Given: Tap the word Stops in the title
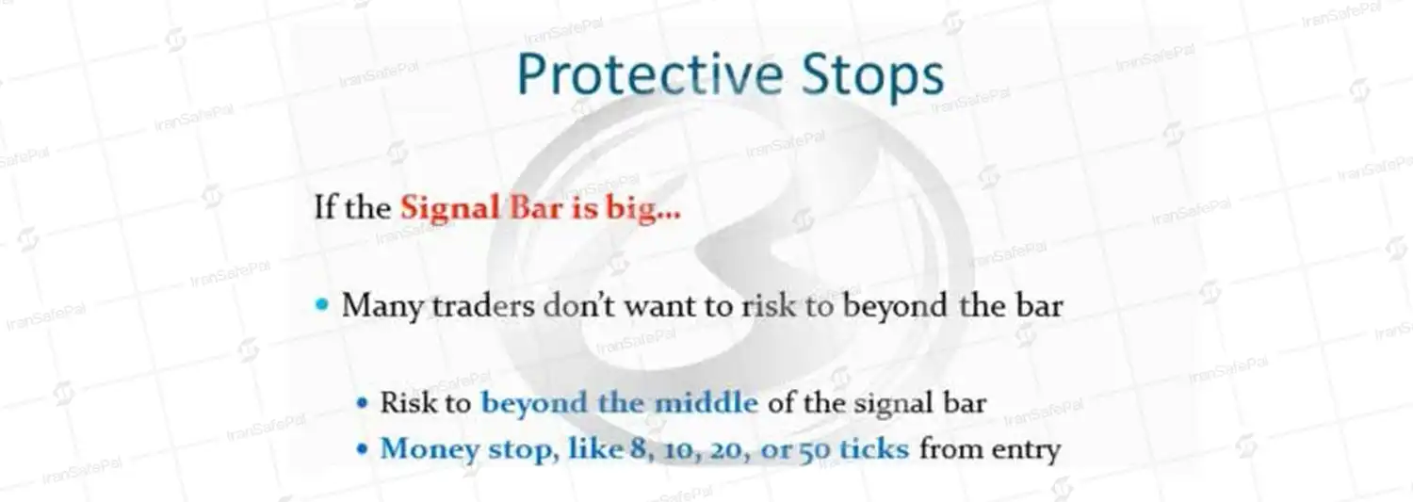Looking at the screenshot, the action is (873, 76).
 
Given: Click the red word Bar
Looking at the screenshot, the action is (536, 207).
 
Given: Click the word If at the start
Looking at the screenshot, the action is (325, 207).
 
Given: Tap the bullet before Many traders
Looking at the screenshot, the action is (322, 305).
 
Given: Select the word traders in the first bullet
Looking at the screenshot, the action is (483, 306).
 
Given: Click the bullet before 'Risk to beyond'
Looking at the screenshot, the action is (362, 402).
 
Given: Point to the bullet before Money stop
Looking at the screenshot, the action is (362, 449).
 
